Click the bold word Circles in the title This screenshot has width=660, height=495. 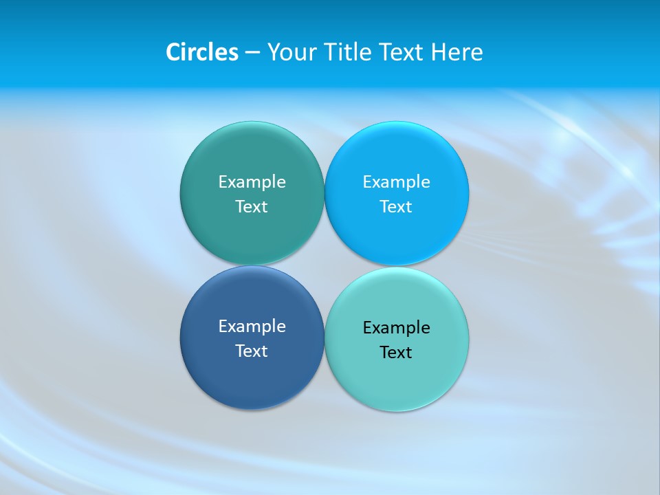coord(202,52)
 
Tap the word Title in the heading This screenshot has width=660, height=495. coord(349,52)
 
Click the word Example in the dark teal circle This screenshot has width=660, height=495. coord(252,182)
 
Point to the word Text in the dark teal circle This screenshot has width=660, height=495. coord(252,207)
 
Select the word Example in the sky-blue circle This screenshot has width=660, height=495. coord(396,182)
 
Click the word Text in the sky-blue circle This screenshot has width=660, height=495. coord(396,207)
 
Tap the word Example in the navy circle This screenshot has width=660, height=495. coord(252,327)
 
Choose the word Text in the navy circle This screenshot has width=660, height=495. coord(252,351)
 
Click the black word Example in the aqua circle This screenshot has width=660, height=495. coord(396,328)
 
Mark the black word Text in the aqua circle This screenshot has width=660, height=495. coord(396,353)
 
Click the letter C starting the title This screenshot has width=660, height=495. coord(173,52)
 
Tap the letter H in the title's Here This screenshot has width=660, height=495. coord(439,52)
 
